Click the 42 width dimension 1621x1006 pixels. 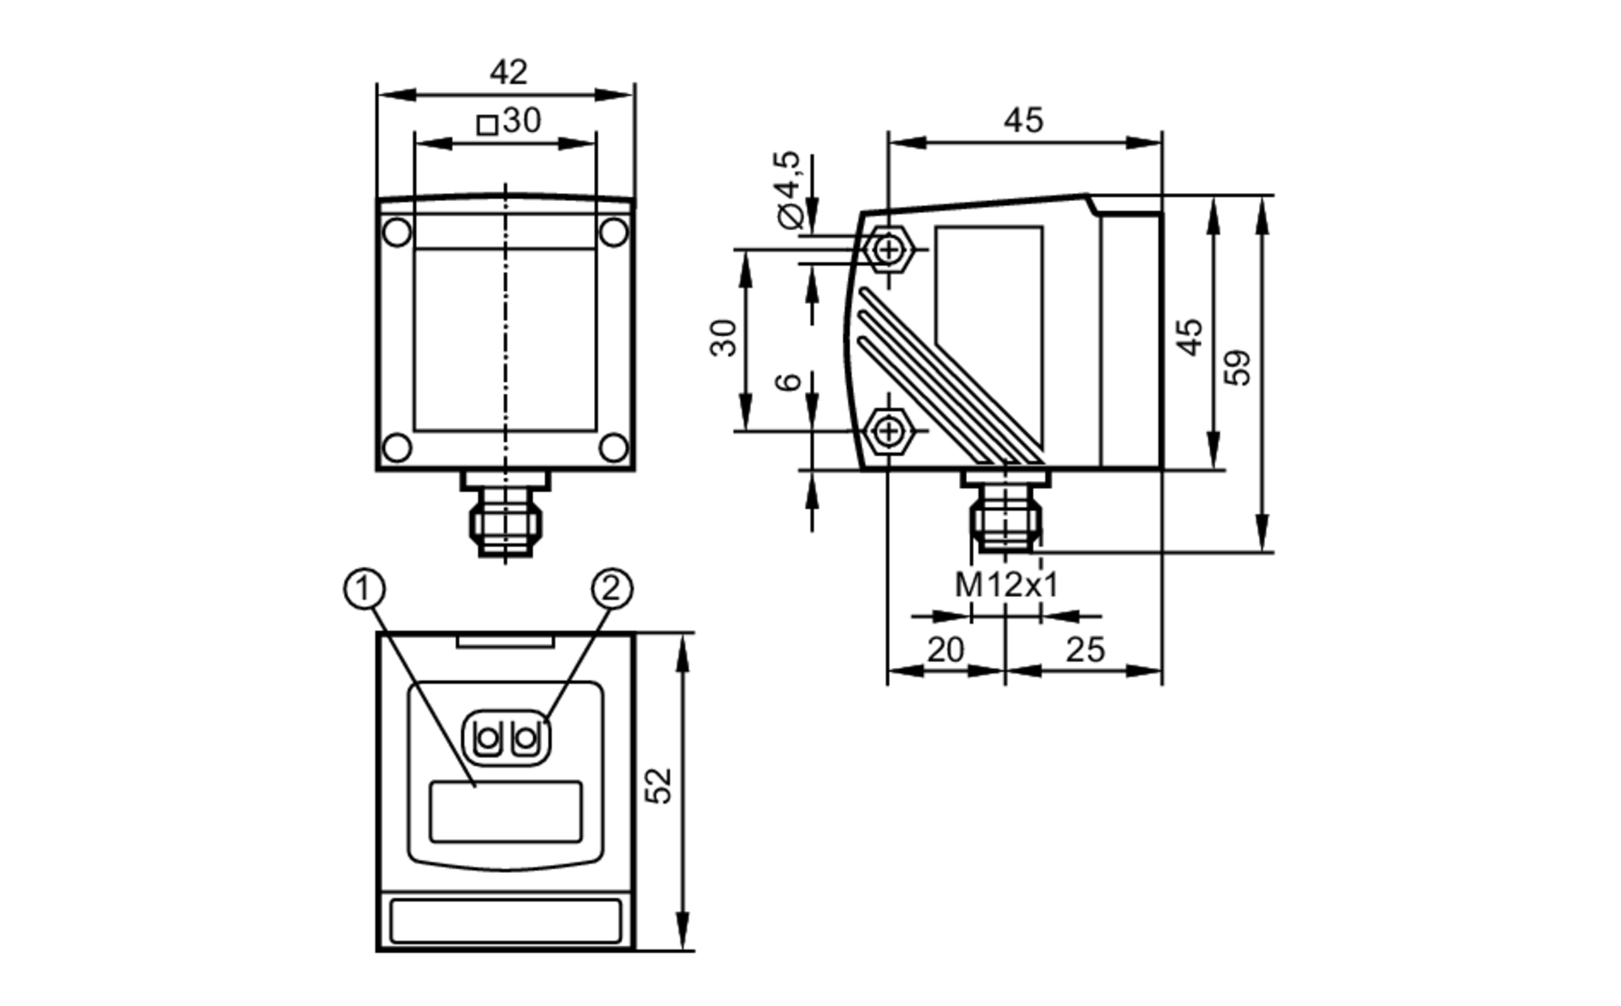(x=508, y=73)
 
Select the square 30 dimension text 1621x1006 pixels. (x=510, y=122)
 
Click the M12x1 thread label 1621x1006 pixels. (x=1007, y=584)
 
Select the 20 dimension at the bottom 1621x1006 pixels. (x=945, y=650)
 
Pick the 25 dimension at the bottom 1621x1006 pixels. (x=1084, y=650)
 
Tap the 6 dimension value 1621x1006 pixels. (x=789, y=381)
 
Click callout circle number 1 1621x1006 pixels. (x=364, y=589)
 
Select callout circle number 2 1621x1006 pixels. (x=612, y=589)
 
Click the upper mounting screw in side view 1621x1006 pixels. (x=889, y=250)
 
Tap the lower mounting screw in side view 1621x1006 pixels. (x=889, y=430)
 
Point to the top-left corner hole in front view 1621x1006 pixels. (x=397, y=233)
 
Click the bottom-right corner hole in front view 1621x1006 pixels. (x=614, y=447)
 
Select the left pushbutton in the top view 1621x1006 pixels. (x=488, y=738)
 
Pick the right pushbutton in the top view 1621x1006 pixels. (x=526, y=738)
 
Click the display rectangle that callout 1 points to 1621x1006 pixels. (x=506, y=811)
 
